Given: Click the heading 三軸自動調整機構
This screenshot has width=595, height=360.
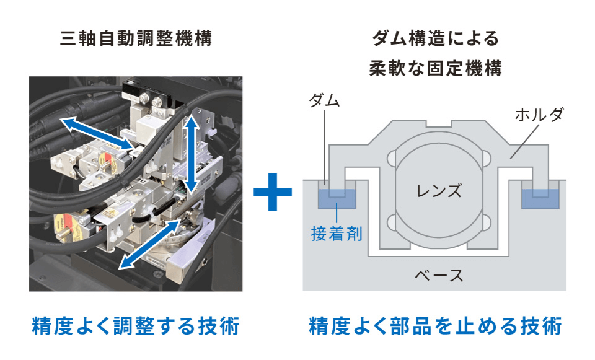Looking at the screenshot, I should pos(136,39).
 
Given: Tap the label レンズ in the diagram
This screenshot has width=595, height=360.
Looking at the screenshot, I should pos(439,190).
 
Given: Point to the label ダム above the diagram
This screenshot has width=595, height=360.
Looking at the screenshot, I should pos(324,101).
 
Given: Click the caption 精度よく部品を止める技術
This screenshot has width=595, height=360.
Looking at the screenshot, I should pos(435,325).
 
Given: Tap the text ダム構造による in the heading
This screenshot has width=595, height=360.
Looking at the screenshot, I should pos(435,39).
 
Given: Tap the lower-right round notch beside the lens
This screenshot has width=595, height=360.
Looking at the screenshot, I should pos(487,221).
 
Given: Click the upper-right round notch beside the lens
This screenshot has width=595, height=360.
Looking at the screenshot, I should pos(487,158).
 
